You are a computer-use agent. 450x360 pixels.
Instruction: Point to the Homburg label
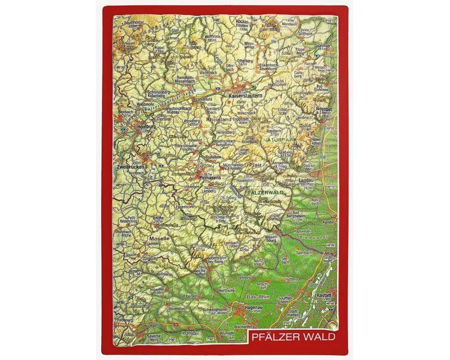tap(133, 126)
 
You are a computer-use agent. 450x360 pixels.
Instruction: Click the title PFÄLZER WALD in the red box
tap(293, 337)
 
